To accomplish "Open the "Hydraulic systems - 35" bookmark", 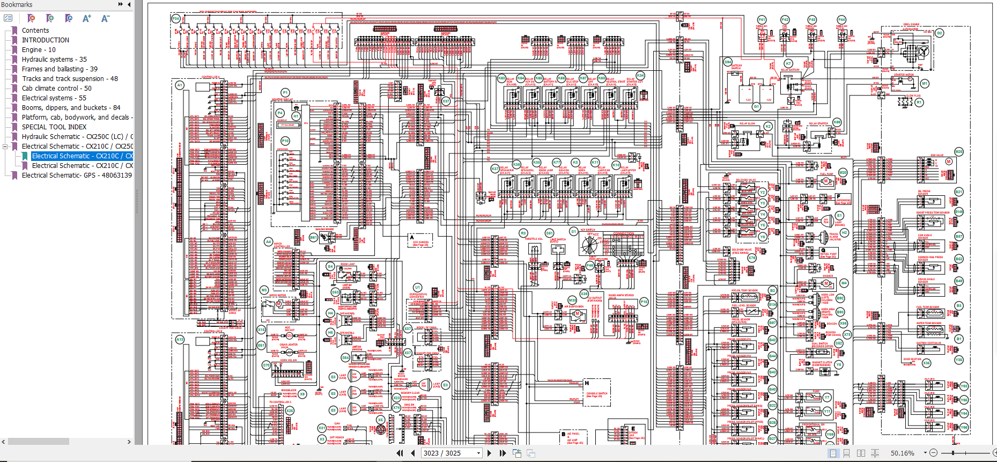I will tap(54, 60).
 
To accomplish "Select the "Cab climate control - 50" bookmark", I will tap(56, 89).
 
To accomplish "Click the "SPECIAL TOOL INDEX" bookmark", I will tap(54, 127).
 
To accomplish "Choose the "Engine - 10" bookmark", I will tap(39, 50).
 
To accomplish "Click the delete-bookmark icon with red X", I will tap(31, 18).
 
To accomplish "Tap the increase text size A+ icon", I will tap(87, 18).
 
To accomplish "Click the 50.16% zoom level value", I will tap(902, 453).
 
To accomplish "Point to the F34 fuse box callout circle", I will tap(175, 19).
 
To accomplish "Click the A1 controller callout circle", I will tap(180, 85).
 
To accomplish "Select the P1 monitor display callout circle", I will tap(285, 92).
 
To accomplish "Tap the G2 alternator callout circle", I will tap(940, 33).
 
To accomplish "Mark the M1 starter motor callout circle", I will tap(924, 84).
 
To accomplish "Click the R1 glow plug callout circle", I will tap(919, 102).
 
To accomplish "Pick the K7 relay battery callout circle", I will tap(788, 63).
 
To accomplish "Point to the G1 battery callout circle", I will tap(756, 107).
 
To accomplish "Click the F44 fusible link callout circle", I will tap(841, 20).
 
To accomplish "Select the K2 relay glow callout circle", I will tap(768, 127).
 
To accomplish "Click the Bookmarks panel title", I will tap(17, 5).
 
